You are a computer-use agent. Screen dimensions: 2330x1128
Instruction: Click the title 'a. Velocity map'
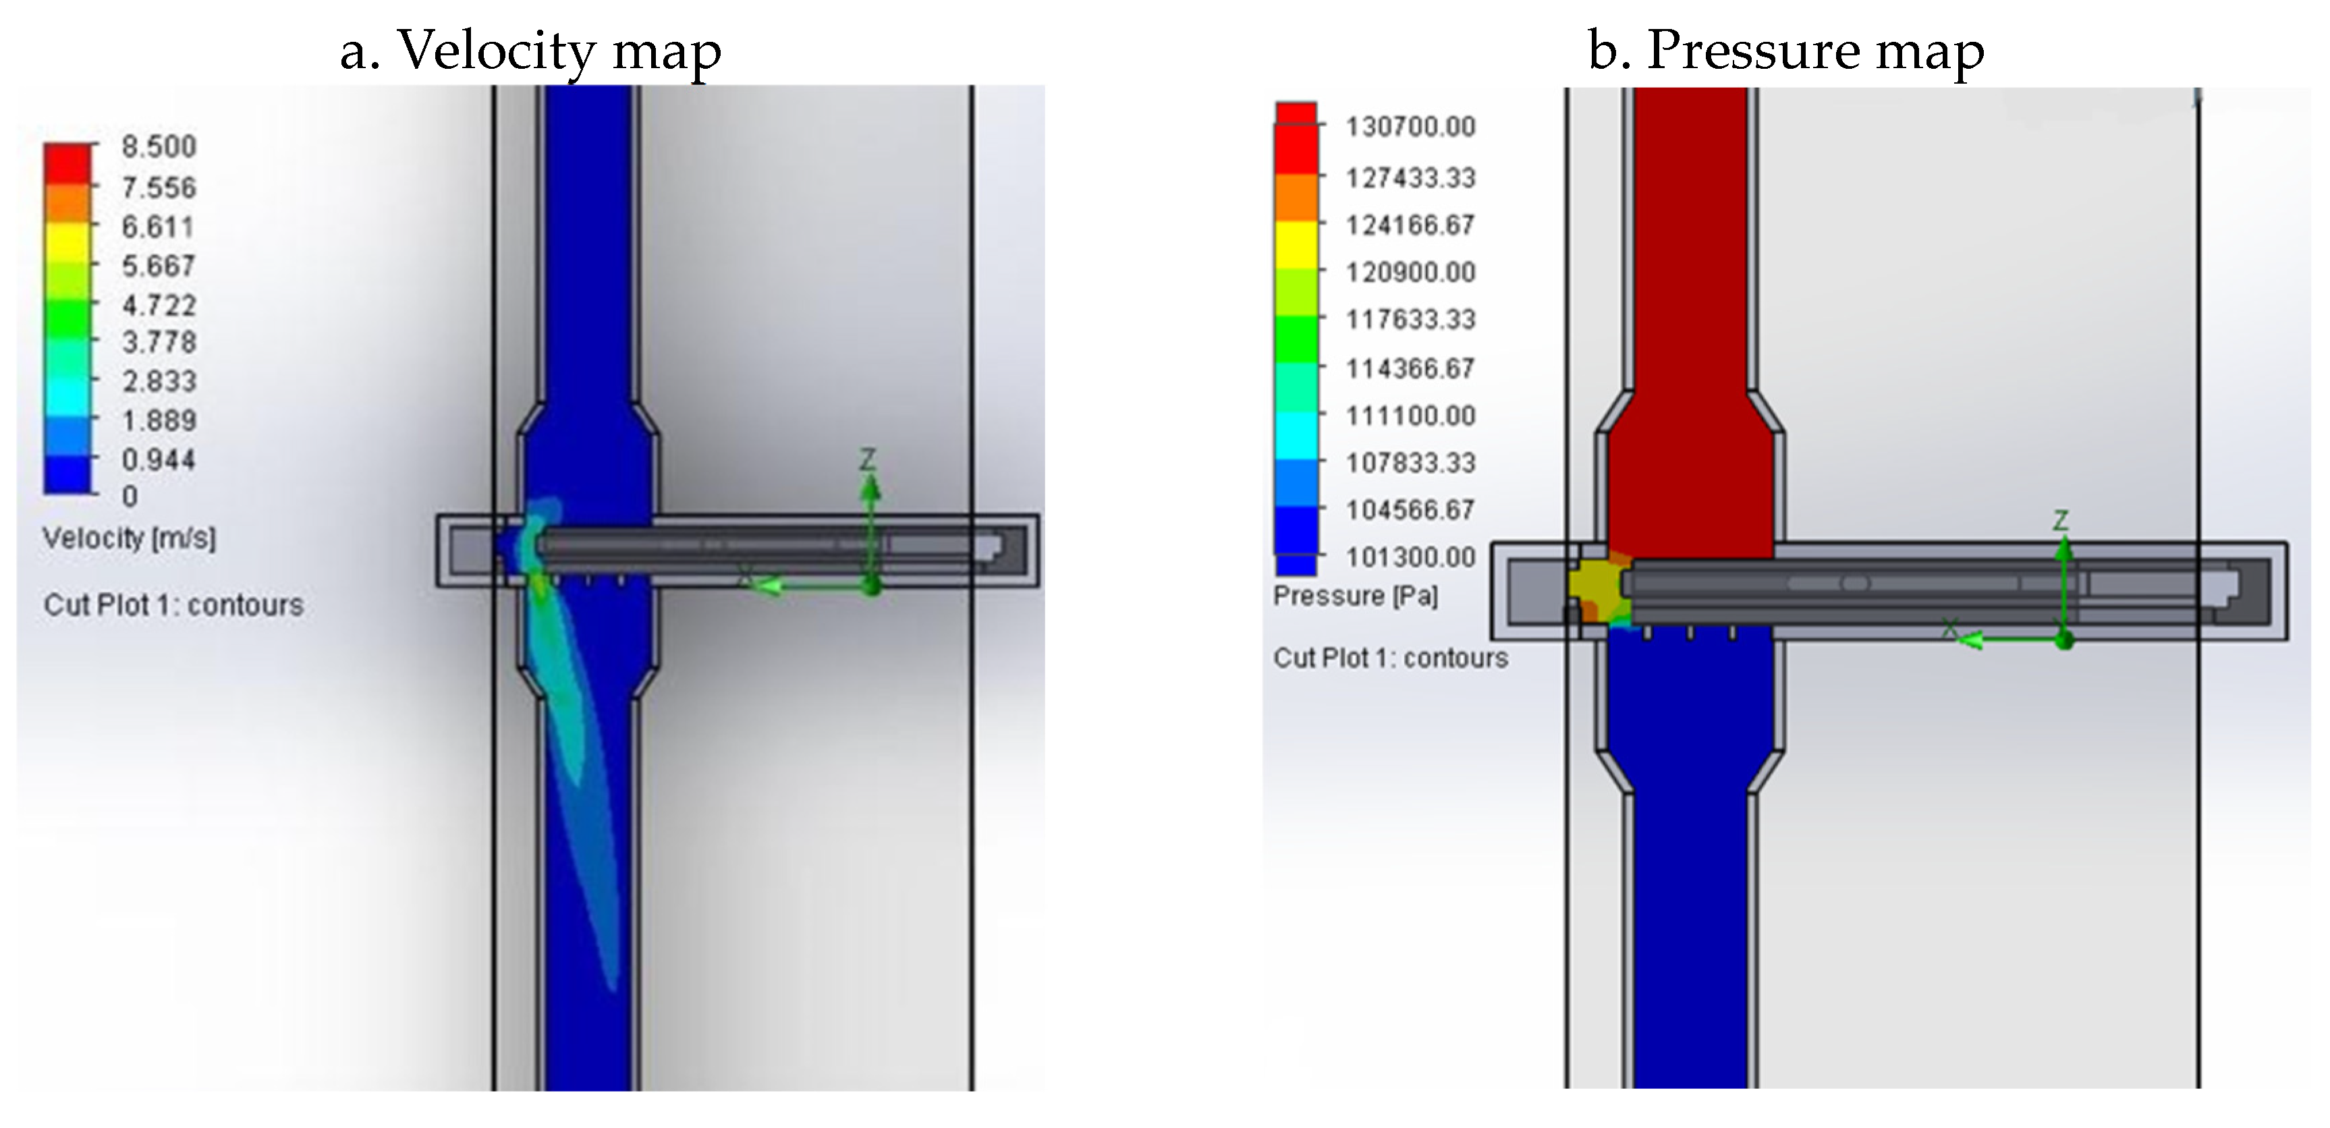click(530, 50)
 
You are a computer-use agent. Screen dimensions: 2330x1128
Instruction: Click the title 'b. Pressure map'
click(1785, 50)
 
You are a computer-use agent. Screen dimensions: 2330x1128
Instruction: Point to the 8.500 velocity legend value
click(159, 146)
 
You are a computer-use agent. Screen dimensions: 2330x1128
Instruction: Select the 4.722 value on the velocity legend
click(159, 305)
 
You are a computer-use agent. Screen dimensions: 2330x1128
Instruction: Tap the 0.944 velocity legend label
click(159, 459)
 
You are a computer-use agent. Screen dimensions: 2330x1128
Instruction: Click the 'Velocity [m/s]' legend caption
click(130, 538)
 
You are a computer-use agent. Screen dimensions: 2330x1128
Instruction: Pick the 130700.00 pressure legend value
click(1410, 127)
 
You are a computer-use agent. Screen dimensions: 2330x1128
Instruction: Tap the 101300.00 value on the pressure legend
click(1410, 557)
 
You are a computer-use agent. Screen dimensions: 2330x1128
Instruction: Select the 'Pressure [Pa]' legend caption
click(1355, 595)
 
